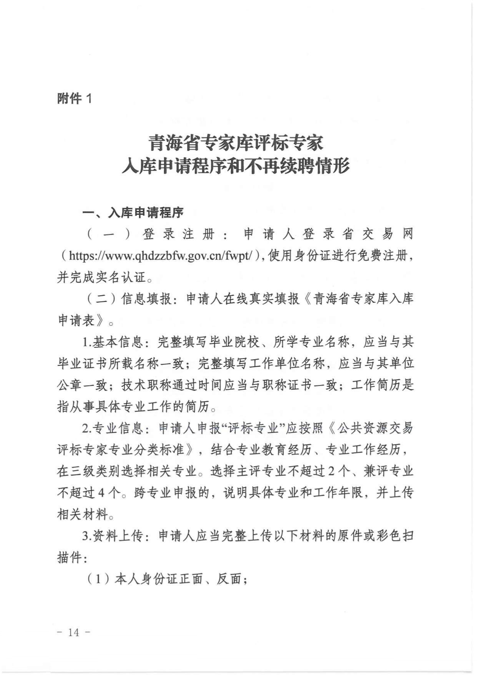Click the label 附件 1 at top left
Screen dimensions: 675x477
[75, 99]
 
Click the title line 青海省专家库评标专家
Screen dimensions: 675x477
[236, 143]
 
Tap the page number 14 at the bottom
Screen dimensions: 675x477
[73, 632]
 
